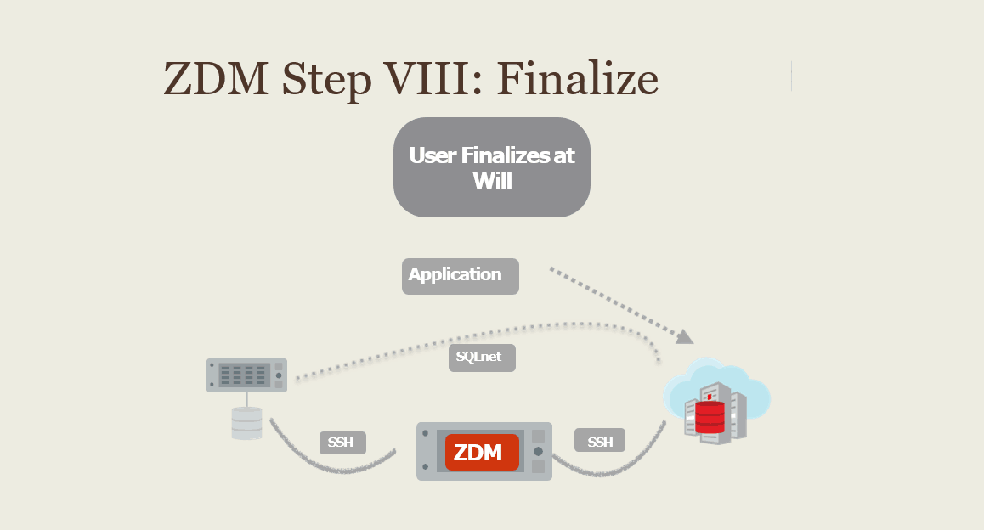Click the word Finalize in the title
578,79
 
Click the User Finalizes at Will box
491,167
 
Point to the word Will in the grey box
492,180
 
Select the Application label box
460,276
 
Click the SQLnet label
481,358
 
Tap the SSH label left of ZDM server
342,443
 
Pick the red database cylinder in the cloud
710,417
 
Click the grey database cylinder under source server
247,423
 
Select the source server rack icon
246,375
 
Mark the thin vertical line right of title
791,76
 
